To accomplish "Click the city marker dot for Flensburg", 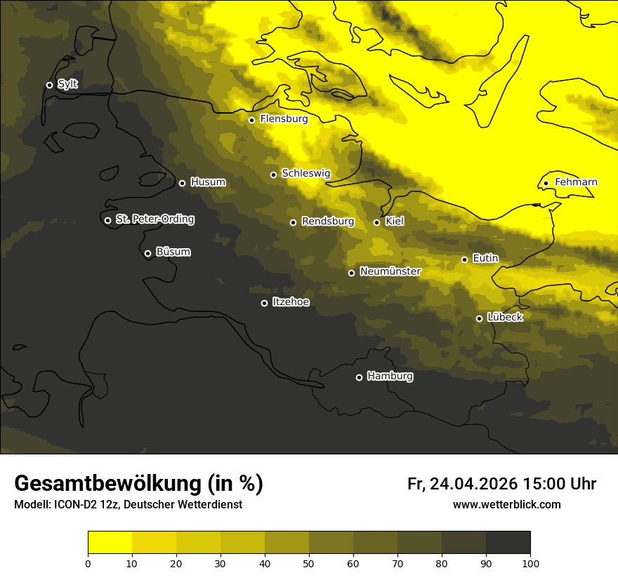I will (x=251, y=120).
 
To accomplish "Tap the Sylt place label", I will (x=67, y=84).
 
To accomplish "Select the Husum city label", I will (x=208, y=182).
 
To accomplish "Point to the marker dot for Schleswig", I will (x=273, y=175).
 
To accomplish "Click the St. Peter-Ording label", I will (x=154, y=219).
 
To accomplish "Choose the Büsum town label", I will (x=173, y=252).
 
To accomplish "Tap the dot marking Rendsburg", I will (x=293, y=222).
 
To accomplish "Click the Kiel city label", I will (x=395, y=222).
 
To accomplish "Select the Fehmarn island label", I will (x=576, y=182).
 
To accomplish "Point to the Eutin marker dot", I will (x=464, y=259).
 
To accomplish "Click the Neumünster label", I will (x=390, y=271).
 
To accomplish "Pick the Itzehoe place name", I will (x=291, y=302).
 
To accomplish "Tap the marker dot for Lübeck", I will (x=479, y=318).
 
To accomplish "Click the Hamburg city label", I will (x=390, y=377).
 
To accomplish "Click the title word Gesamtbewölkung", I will (x=109, y=484).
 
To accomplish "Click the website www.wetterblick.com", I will (x=506, y=504).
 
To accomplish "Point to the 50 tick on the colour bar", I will (x=309, y=562).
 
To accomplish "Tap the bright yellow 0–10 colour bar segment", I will (x=110, y=543).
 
